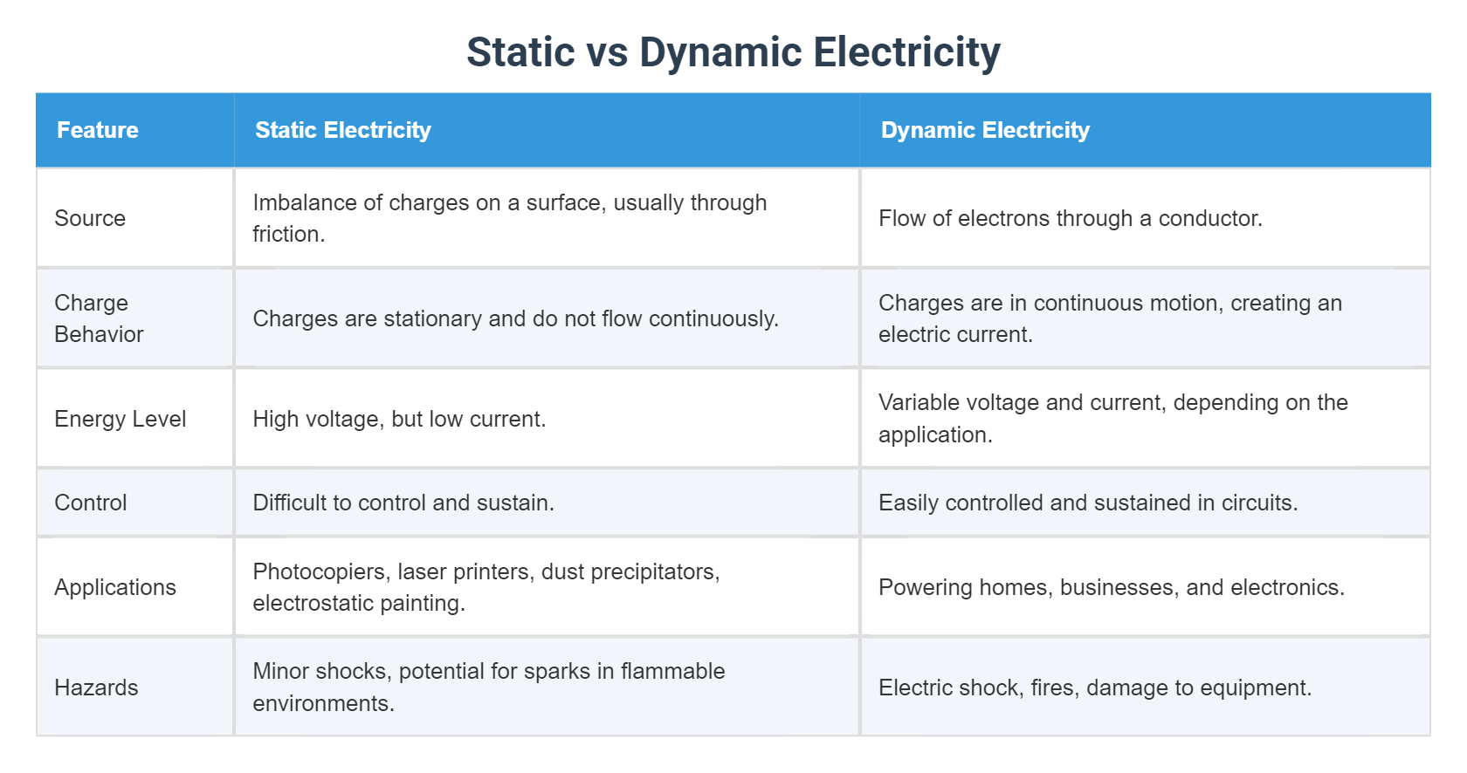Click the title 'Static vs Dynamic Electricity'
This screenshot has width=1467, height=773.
[733, 52]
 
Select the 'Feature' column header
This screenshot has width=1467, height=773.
[98, 130]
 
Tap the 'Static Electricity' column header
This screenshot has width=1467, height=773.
[343, 130]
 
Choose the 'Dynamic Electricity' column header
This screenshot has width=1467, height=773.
[985, 130]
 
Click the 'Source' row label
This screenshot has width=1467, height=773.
[90, 218]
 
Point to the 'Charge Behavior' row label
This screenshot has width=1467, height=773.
[99, 318]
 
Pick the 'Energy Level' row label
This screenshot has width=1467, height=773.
[121, 419]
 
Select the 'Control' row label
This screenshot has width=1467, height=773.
[91, 503]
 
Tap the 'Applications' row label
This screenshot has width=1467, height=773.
[115, 587]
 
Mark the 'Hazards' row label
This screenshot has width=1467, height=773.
[96, 687]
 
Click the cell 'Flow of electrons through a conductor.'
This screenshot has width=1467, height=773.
[1071, 218]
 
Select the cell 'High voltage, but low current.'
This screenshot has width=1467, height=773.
[399, 419]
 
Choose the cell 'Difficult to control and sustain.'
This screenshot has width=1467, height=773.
[403, 503]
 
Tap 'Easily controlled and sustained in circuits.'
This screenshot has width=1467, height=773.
[1088, 503]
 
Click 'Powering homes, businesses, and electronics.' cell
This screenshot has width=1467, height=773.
[1112, 587]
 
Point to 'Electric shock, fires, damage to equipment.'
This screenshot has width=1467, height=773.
[1095, 687]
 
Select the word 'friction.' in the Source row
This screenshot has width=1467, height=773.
[289, 235]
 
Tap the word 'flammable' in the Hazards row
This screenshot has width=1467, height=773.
[672, 671]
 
